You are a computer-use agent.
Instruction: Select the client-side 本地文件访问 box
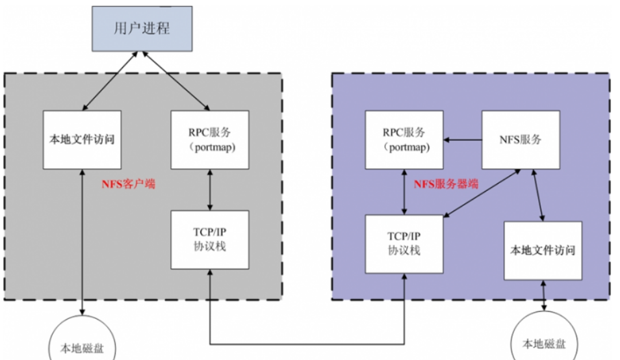tap(83, 139)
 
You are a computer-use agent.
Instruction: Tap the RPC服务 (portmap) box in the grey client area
tap(209, 139)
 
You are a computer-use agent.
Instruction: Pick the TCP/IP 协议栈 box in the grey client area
tap(209, 239)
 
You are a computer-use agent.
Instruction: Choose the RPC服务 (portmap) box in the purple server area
tap(404, 139)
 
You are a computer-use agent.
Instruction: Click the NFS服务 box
tap(520, 139)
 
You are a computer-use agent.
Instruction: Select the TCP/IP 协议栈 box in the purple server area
tap(404, 244)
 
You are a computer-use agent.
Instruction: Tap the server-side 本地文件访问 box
tap(543, 250)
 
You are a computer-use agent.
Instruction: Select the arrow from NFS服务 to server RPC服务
tap(462, 139)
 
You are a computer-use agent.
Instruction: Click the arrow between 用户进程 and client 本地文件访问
tap(110, 81)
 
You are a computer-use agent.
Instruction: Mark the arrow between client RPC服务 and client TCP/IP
tap(209, 189)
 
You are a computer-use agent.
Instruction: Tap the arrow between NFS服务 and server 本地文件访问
tap(538, 196)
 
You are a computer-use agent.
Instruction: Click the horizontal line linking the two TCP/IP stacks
tap(305, 343)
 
